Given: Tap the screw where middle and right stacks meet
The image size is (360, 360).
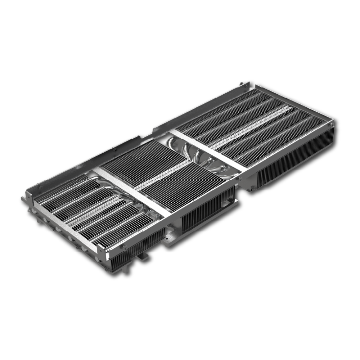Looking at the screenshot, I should (239, 177).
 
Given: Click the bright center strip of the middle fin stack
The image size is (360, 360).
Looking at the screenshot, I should (164, 175).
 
